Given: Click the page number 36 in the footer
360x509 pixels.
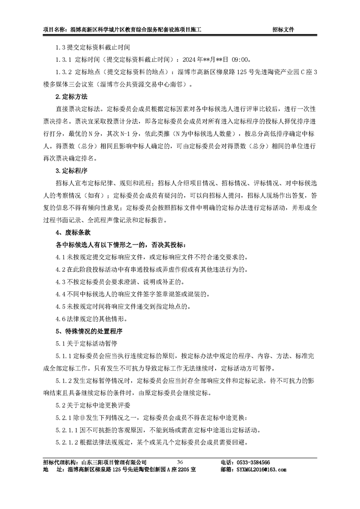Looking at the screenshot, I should click(180, 461).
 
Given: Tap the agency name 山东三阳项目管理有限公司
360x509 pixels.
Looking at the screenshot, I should click(113, 462).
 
